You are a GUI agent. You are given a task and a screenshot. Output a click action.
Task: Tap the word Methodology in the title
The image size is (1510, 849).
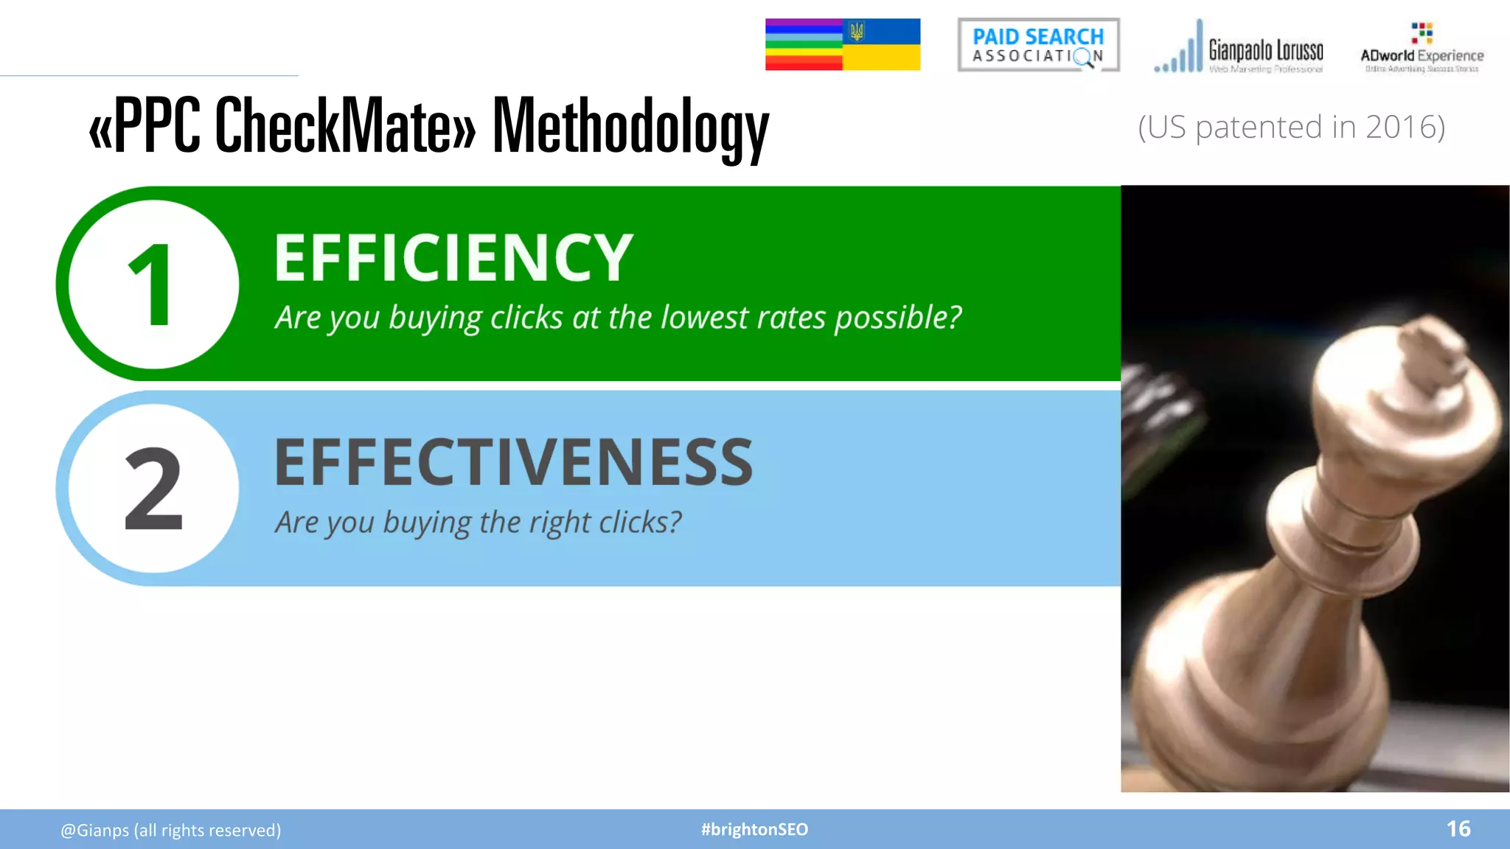630,127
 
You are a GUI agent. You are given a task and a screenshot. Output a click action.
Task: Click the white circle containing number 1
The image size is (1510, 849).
153,284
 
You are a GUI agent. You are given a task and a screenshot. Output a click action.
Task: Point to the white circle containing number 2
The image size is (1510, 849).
153,489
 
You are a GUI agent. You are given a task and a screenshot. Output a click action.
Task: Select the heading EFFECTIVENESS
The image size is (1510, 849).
514,462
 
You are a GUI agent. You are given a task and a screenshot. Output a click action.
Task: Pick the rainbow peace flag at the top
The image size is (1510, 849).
804,45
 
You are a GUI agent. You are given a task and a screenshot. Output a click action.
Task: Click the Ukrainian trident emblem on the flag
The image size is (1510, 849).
857,32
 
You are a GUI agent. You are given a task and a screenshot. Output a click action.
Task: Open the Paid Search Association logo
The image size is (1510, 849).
1038,45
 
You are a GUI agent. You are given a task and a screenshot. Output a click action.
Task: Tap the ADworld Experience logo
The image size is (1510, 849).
1422,49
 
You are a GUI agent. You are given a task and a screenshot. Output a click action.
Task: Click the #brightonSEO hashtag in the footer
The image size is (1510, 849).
754,830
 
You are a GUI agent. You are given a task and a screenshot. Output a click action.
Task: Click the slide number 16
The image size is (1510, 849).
1458,829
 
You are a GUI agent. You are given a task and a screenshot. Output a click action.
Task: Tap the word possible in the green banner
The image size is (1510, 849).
897,318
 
